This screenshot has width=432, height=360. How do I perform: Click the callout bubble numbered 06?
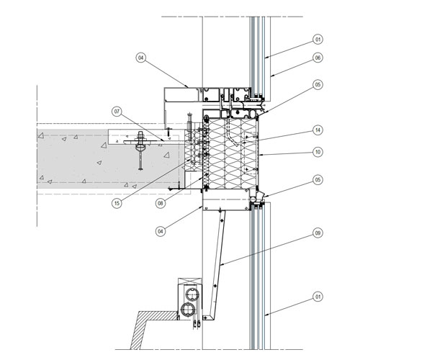pos(318,58)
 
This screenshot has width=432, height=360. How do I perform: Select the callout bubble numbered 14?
pos(318,130)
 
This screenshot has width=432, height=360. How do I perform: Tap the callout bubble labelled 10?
pos(318,152)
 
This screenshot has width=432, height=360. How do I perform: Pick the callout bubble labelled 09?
pos(318,233)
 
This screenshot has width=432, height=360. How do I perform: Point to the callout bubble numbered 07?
pos(117,112)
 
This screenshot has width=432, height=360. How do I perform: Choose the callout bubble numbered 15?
pos(117,203)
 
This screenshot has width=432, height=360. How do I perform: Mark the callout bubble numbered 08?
pos(161,203)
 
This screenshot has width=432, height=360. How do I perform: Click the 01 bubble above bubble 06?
pos(318,40)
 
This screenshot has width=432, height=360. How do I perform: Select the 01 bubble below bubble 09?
pos(318,297)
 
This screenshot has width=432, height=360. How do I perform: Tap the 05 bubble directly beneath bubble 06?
pos(318,84)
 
